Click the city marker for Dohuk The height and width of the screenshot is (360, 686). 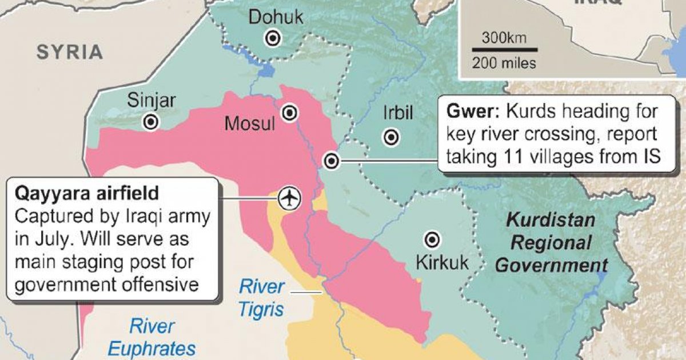[273, 39]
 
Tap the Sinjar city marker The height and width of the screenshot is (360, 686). [151, 122]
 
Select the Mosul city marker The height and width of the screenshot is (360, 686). [290, 112]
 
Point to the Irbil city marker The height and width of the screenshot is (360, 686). [392, 137]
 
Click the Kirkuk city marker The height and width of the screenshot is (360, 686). [433, 239]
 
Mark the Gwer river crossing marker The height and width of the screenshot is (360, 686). [331, 161]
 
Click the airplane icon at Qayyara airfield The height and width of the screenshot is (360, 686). [291, 198]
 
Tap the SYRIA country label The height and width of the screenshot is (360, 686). [70, 53]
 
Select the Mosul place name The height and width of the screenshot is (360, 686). [250, 123]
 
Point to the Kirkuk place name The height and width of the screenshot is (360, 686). [442, 263]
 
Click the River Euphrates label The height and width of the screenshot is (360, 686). [151, 338]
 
